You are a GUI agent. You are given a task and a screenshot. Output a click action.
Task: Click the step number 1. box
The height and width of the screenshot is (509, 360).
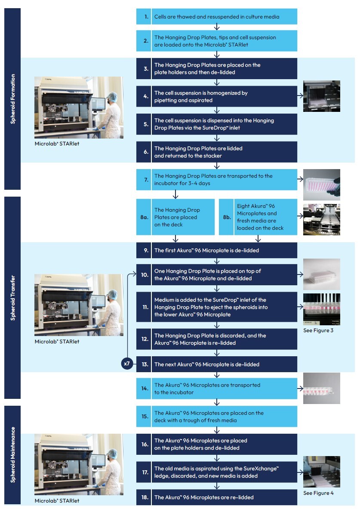coord(146,17)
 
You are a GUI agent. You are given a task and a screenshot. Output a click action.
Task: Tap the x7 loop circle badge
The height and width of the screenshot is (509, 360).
coord(127,364)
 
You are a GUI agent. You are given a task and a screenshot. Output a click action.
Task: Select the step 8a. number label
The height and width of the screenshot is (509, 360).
coord(144,217)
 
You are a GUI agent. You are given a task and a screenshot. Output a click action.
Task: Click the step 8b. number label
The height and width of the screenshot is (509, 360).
coord(227,217)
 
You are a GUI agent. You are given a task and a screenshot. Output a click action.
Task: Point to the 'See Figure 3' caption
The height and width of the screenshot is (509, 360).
coord(318,330)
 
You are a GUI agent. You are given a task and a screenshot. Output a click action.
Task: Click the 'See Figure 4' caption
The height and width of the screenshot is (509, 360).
coord(318,493)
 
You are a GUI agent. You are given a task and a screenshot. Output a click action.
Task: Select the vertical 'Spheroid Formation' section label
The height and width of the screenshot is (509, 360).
coord(12,99)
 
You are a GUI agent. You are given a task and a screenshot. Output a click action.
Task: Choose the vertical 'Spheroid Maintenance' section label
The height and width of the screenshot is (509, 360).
coord(12,454)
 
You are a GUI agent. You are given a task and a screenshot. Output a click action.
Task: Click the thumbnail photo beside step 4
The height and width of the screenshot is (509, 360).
coord(321,96)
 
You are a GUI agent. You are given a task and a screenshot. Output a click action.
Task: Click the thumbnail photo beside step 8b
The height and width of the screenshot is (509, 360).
coord(321,219)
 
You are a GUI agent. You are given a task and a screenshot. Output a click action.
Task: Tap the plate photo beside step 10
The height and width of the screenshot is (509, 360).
coord(321,274)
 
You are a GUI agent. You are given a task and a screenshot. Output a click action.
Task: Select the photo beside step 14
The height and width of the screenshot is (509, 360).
coord(321,389)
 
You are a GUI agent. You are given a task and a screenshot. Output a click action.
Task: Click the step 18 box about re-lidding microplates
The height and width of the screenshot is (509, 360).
coord(217,497)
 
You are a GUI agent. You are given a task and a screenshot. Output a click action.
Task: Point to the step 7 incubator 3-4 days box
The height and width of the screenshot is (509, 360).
coord(217,179)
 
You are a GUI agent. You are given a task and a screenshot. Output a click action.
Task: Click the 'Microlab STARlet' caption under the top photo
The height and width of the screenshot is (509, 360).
coord(57,144)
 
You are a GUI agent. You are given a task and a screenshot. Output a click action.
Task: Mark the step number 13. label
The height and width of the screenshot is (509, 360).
coord(146,364)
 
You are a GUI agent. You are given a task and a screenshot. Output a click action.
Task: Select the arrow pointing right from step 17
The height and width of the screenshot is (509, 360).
coord(300,472)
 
